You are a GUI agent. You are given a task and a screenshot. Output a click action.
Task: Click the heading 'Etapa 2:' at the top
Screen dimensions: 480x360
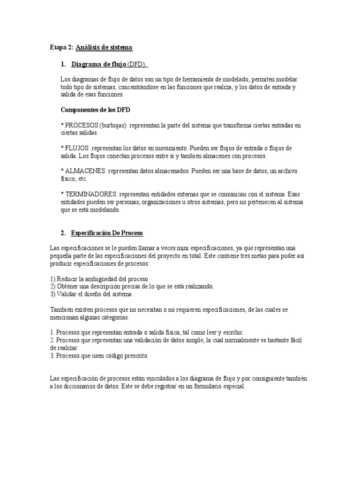[x=61, y=47]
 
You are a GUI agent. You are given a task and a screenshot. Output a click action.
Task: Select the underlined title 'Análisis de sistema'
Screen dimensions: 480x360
[x=104, y=47]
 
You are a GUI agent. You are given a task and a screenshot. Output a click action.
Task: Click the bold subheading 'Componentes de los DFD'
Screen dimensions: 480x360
[x=96, y=110]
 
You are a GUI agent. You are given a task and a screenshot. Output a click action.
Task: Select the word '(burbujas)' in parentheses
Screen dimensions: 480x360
[x=113, y=126]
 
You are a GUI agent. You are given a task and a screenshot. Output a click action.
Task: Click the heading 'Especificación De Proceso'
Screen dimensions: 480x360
[x=107, y=232]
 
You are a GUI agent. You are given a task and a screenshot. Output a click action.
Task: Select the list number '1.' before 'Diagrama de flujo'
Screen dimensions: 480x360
[x=64, y=64]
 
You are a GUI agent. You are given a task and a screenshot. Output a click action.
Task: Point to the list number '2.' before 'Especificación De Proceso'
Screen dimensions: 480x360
[x=63, y=232]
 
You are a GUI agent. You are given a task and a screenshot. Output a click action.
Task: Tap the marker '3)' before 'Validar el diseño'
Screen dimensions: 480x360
[x=52, y=294]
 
